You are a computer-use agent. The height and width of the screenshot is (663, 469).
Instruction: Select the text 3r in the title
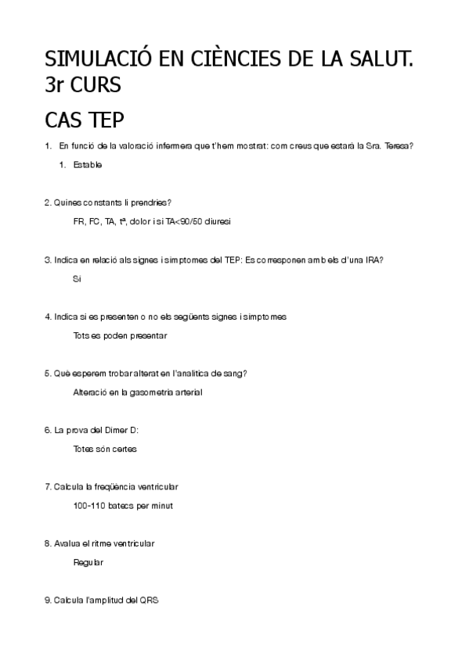(56, 86)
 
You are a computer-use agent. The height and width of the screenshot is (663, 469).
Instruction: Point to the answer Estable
(87, 165)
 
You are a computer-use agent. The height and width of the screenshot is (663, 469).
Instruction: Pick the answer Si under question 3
(77, 278)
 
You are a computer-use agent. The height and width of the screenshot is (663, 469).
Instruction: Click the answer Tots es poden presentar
(119, 335)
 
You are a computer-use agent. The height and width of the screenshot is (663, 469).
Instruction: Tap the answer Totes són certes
(105, 449)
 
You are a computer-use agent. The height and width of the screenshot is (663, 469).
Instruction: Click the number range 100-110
(89, 505)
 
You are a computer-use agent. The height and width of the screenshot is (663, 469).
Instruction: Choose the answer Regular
(88, 562)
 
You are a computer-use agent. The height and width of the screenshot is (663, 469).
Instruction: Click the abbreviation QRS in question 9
(149, 600)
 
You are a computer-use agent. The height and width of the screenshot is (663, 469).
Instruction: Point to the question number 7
(48, 486)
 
